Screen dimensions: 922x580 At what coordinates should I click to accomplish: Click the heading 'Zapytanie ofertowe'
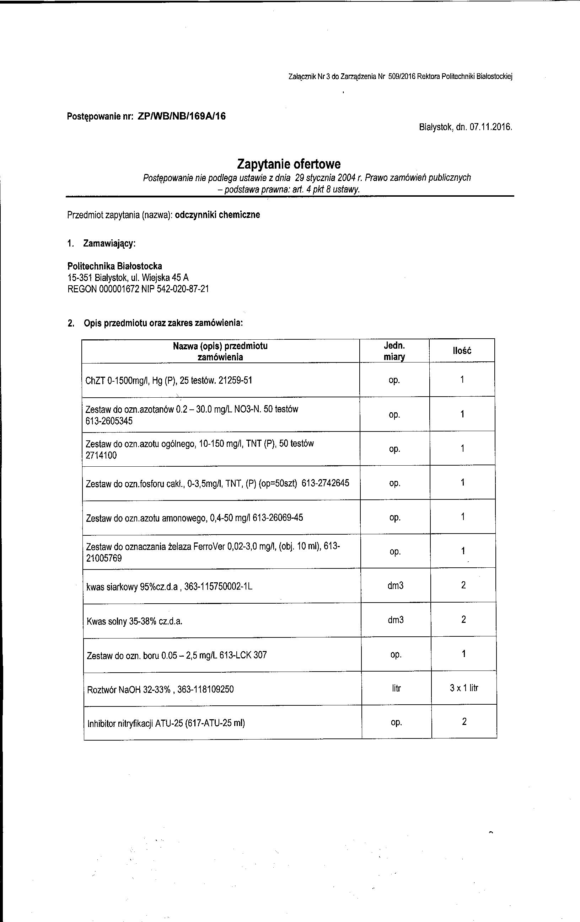click(289, 164)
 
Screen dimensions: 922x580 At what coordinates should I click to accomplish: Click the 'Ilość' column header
click(462, 351)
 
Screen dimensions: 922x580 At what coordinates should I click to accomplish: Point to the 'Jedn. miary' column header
click(394, 351)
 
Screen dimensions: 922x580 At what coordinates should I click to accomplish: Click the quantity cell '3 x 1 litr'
click(464, 688)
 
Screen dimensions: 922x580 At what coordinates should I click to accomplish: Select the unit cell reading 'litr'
click(396, 688)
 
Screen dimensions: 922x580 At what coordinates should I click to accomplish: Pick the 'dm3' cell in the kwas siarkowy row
click(395, 585)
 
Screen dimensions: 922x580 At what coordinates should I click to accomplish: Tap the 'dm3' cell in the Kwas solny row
click(396, 620)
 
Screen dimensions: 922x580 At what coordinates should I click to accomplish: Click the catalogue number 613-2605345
click(109, 421)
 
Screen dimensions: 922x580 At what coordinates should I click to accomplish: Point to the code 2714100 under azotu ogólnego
click(101, 456)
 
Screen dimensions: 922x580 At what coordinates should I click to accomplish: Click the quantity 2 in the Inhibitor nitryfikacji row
click(464, 722)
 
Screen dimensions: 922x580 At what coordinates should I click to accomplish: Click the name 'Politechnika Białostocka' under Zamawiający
click(115, 266)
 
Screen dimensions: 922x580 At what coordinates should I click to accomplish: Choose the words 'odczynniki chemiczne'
click(217, 215)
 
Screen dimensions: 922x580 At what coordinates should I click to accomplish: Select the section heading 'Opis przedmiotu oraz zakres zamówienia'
click(163, 323)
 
